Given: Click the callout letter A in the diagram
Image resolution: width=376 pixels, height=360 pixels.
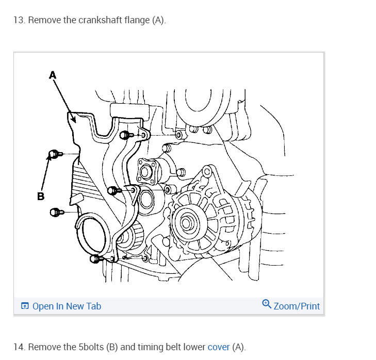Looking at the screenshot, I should [x=52, y=75].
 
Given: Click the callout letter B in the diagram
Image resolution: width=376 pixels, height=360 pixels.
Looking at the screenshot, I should [x=41, y=195].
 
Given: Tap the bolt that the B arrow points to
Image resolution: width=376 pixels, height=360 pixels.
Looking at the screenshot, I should [x=55, y=153].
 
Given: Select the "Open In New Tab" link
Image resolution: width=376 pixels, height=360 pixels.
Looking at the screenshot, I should [x=67, y=306].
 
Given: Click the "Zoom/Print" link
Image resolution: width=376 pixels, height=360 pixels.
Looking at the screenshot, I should [x=297, y=306].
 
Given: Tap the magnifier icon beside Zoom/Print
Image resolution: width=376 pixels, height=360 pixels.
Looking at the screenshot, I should [x=267, y=304].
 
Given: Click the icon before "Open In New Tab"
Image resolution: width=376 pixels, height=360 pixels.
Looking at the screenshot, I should [x=25, y=306].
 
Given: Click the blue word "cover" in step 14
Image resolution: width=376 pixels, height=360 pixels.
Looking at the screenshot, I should [x=218, y=347].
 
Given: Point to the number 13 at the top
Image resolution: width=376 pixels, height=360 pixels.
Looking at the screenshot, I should [x=19, y=20].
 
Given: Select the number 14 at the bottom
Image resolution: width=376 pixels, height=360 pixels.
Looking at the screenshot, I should [x=19, y=347].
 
